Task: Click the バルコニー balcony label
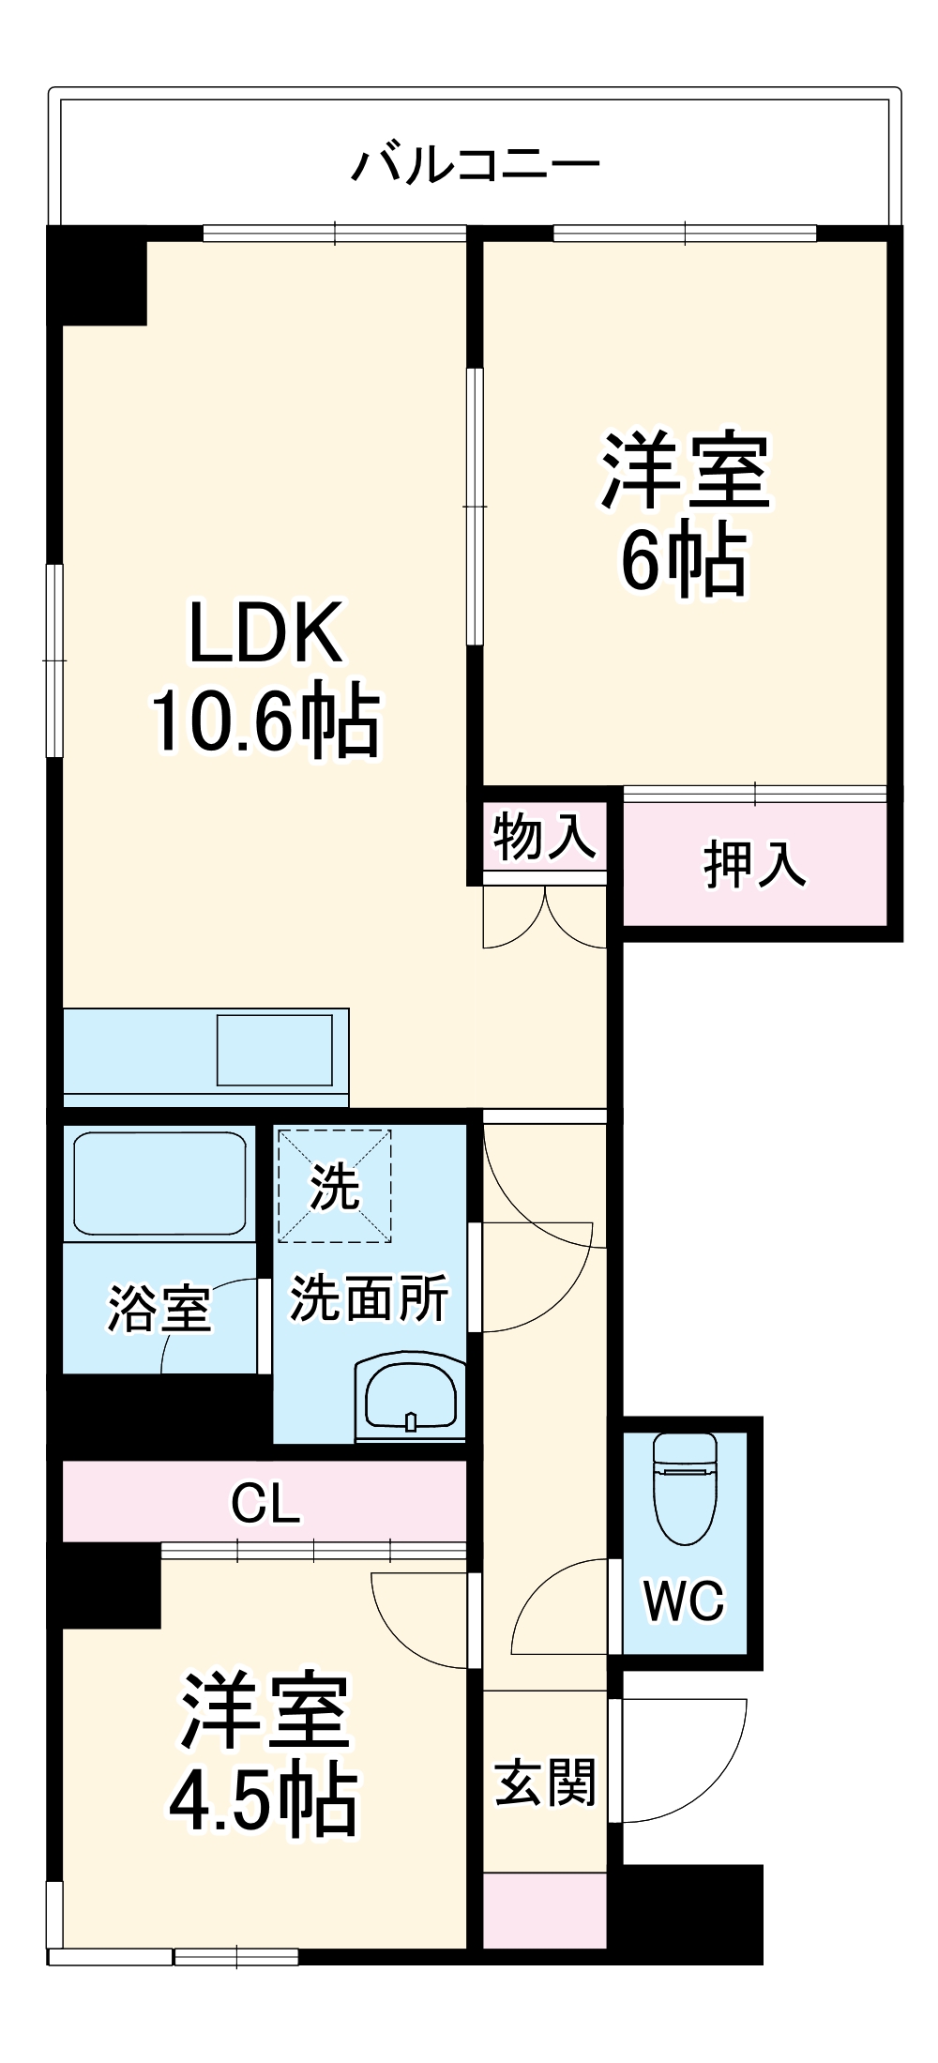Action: coord(476,165)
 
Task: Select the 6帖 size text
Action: coord(684,560)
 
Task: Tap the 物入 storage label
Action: coord(544,836)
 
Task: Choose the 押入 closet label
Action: coord(754,864)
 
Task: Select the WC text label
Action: coord(684,1600)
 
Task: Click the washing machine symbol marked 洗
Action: coord(334,1186)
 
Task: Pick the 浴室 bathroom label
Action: coord(159,1308)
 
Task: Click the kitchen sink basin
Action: coord(275,1050)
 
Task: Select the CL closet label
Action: coord(265,1502)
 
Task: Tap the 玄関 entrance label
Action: coord(545,1782)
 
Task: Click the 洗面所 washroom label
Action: coord(369,1297)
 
